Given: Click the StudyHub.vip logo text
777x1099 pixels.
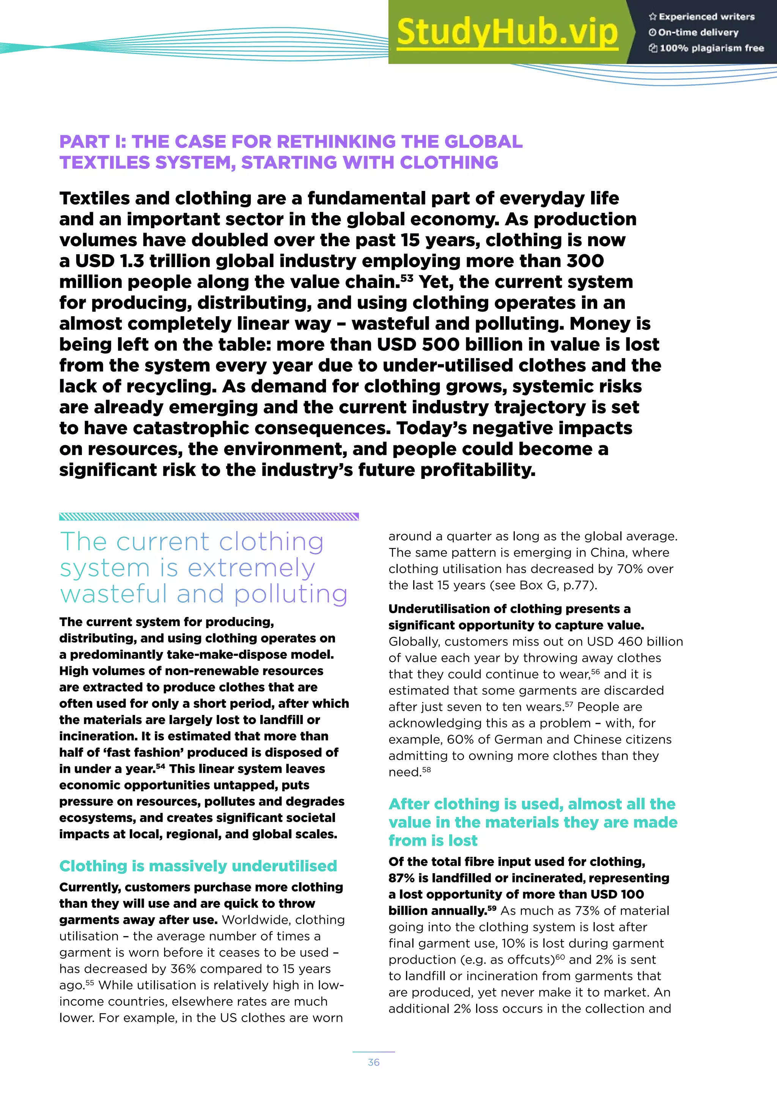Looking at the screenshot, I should (507, 32).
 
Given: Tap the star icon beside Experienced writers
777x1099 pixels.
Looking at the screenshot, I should (652, 17).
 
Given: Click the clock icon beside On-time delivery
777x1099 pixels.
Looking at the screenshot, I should (652, 33).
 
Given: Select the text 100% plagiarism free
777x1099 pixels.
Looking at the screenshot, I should (711, 48).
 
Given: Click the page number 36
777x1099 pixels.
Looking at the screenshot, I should (374, 1062).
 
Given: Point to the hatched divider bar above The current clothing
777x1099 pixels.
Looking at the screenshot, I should (209, 516).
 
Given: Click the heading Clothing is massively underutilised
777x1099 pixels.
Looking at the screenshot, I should (198, 866).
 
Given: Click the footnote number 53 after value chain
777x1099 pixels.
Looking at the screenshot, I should (407, 278).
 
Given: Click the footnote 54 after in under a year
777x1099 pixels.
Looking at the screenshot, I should (160, 766).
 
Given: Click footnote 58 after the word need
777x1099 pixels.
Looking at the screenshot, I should (426, 770).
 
